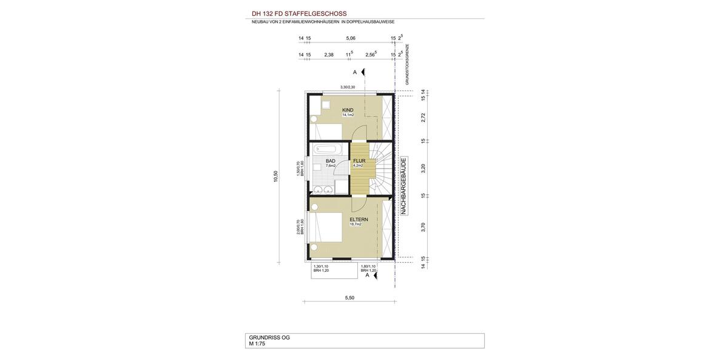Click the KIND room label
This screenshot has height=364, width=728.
(348, 110)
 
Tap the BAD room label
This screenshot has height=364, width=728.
(330, 161)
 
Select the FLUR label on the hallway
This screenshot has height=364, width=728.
(359, 161)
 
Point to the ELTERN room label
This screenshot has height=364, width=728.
(359, 219)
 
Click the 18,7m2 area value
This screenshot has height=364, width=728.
(356, 224)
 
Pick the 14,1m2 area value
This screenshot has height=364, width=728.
(348, 115)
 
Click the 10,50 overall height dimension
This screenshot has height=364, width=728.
(275, 176)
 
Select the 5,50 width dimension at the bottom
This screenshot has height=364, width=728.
(349, 298)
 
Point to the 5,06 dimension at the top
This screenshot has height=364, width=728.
(351, 38)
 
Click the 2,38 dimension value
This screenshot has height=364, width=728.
(329, 55)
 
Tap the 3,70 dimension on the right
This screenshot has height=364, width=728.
(423, 227)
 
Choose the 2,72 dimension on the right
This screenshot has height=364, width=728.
(423, 118)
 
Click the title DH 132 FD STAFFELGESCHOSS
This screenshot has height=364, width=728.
(299, 13)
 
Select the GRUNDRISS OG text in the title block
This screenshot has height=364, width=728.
(269, 337)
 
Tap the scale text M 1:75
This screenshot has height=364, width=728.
(257, 344)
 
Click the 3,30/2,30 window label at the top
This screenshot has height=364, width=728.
(348, 87)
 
